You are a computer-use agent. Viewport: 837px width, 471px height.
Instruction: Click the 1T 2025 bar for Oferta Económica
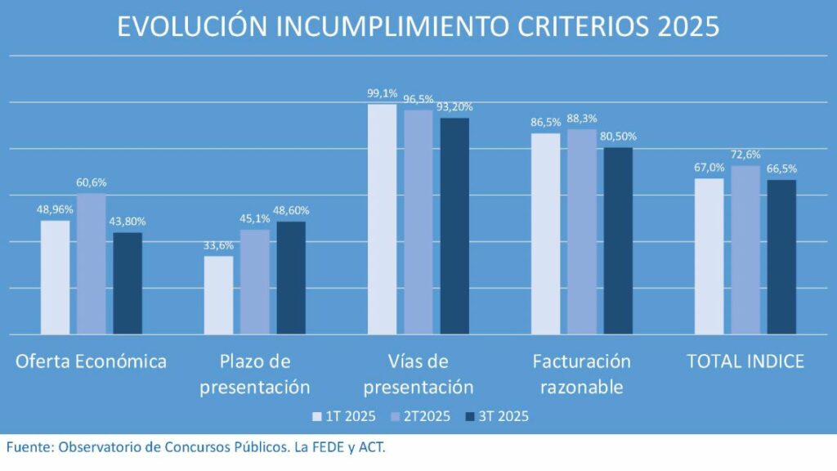[55, 277]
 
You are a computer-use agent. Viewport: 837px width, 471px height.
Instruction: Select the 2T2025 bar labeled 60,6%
[92, 263]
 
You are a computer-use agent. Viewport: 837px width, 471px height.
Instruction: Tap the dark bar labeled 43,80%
[128, 283]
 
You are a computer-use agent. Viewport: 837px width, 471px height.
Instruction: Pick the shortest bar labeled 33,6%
[218, 295]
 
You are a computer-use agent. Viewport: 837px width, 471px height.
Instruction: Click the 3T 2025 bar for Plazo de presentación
[291, 277]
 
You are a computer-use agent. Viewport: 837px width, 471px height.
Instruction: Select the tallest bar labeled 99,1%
[382, 219]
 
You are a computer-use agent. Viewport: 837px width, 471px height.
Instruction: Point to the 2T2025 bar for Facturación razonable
[582, 231]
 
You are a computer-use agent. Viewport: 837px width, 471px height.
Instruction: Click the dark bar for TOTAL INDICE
[781, 257]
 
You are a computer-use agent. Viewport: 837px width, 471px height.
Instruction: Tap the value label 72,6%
[745, 155]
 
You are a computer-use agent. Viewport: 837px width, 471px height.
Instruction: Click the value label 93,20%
[455, 107]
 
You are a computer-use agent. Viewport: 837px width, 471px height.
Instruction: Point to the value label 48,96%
[55, 209]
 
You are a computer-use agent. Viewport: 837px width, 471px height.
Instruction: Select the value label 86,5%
[545, 123]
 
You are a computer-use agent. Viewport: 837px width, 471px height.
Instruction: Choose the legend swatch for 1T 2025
[318, 417]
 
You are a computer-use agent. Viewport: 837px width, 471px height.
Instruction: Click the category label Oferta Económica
[91, 361]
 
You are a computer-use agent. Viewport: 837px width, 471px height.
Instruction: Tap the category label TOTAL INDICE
[745, 361]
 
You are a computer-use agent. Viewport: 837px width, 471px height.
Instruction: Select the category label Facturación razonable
[581, 373]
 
